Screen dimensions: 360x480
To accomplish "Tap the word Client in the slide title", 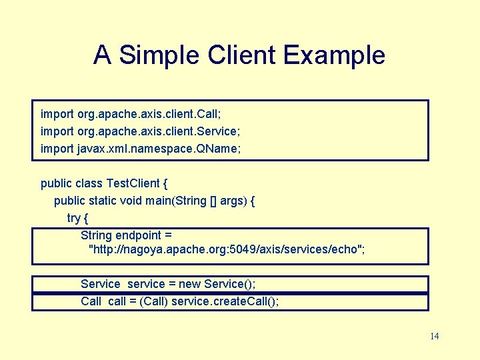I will [x=243, y=55].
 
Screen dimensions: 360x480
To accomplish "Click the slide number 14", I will [x=435, y=336].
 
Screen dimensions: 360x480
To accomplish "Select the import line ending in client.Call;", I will [x=131, y=114].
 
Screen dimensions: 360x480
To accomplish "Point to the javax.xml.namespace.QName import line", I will [x=141, y=149].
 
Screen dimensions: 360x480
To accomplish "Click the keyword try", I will [x=74, y=218].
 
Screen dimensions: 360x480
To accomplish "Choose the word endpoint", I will [x=138, y=235].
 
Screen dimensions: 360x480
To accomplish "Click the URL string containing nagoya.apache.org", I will [x=227, y=250].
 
